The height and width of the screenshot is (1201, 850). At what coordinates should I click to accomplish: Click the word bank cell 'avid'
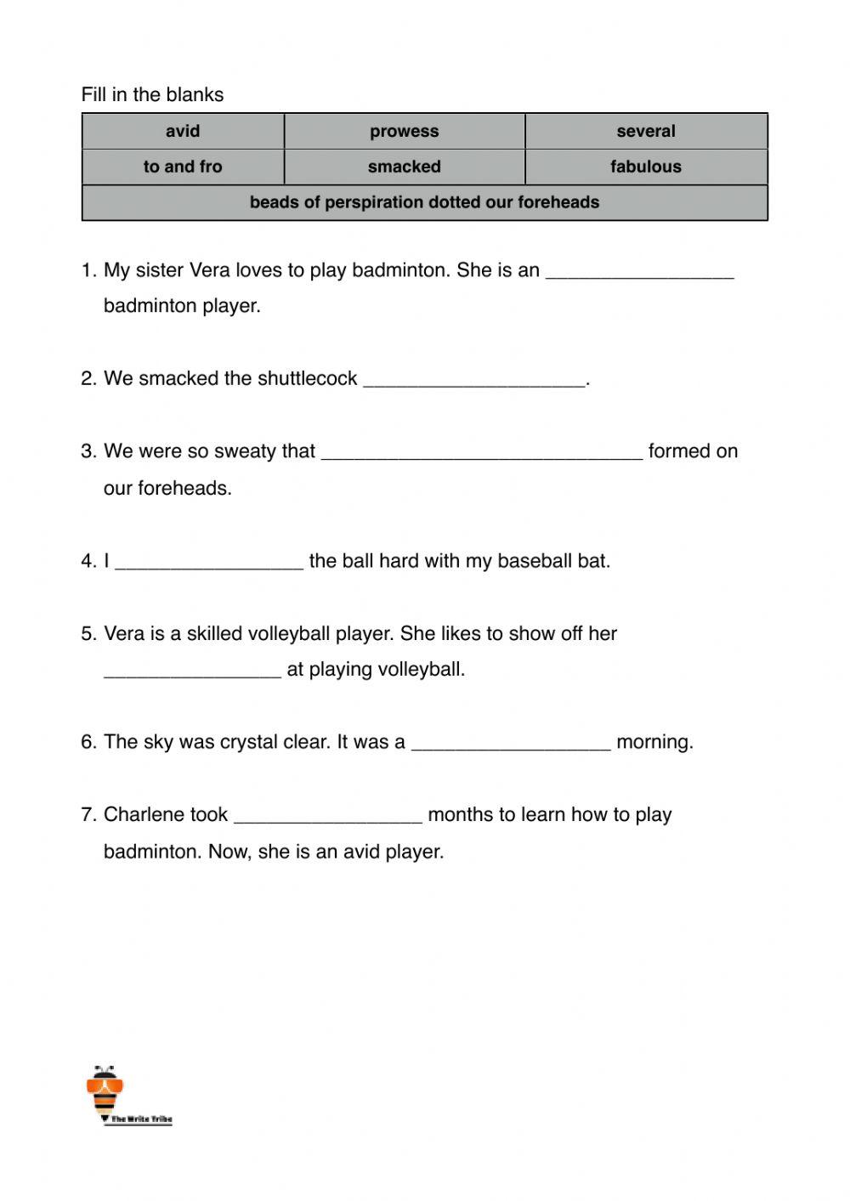[183, 132]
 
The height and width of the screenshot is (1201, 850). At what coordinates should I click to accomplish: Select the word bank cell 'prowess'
[404, 132]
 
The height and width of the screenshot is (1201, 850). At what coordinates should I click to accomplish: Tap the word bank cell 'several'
[646, 132]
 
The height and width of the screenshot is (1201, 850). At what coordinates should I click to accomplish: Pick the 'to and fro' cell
[183, 167]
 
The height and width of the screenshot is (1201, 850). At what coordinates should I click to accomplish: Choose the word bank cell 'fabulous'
[646, 167]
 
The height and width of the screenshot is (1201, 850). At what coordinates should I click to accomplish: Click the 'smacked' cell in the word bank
[404, 167]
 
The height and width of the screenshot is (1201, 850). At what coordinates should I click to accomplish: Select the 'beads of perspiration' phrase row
[424, 202]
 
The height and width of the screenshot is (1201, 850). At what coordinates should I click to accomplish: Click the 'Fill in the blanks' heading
[152, 94]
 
